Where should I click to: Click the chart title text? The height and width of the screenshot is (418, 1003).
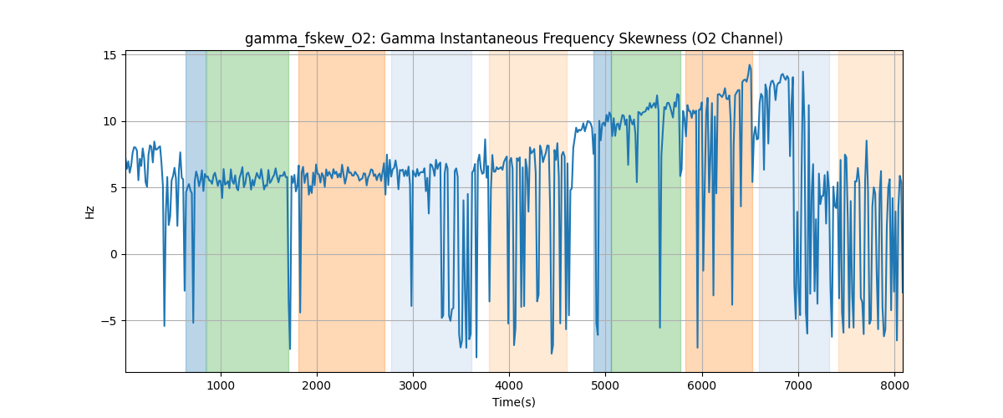[x=513, y=38]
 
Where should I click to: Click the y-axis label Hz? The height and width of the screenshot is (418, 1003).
[x=89, y=212]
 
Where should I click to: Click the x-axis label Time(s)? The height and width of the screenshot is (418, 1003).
[x=513, y=402]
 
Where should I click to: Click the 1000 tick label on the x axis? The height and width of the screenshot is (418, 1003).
[x=221, y=385]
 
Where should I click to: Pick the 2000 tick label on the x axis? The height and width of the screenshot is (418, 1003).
[x=317, y=385]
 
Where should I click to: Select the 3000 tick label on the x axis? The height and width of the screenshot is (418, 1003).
[x=413, y=385]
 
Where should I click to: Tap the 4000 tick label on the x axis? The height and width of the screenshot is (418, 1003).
[x=509, y=385]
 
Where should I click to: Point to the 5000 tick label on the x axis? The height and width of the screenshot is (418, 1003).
[x=605, y=385]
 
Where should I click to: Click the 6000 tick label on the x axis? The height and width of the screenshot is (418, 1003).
[x=702, y=385]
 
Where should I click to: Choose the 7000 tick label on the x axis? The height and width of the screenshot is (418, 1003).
[x=798, y=385]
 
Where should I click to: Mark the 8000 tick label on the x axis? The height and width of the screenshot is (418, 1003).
[x=894, y=385]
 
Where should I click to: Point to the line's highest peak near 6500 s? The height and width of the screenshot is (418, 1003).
[x=750, y=65]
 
